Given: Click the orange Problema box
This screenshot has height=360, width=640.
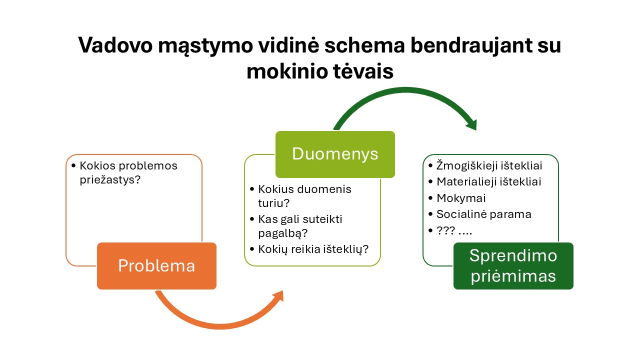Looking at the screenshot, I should point(156,265).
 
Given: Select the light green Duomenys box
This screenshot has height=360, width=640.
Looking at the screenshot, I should point(335,154).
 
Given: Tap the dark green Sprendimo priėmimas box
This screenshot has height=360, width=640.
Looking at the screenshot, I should point(513,265).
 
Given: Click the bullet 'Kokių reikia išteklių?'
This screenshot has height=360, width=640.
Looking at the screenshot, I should point(313,249).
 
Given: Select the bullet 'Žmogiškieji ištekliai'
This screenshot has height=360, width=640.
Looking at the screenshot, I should point(489,165).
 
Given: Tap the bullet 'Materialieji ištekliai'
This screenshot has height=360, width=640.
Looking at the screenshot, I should point(488,181).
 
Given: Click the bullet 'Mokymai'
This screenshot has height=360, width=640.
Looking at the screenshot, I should point(461,198).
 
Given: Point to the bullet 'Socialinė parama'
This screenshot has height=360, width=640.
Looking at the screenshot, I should point(483,214).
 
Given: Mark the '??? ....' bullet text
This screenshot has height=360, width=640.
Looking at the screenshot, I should point(454,230).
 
